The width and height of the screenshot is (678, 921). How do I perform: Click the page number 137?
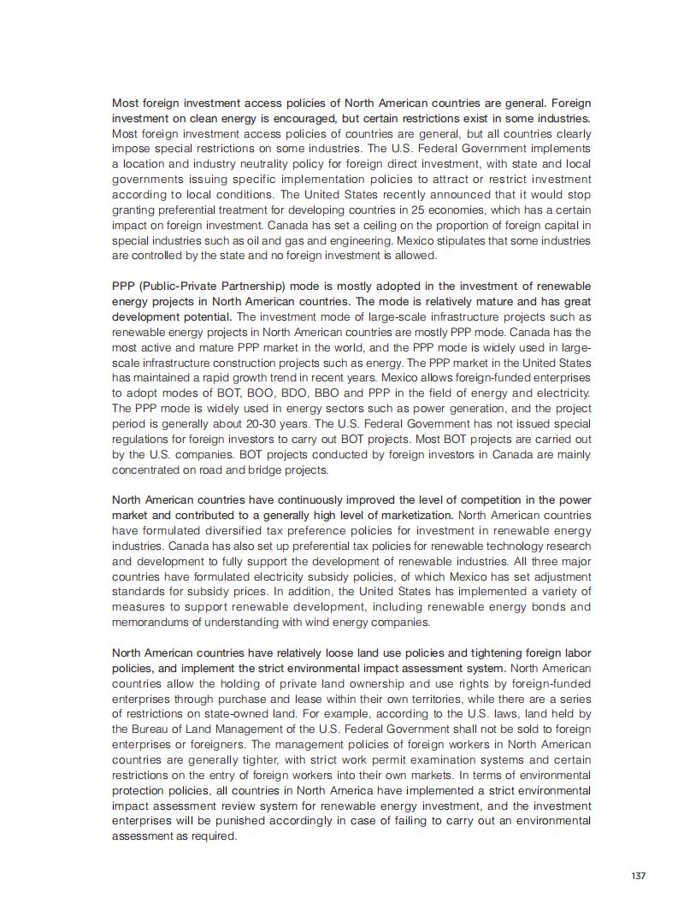tap(638, 876)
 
